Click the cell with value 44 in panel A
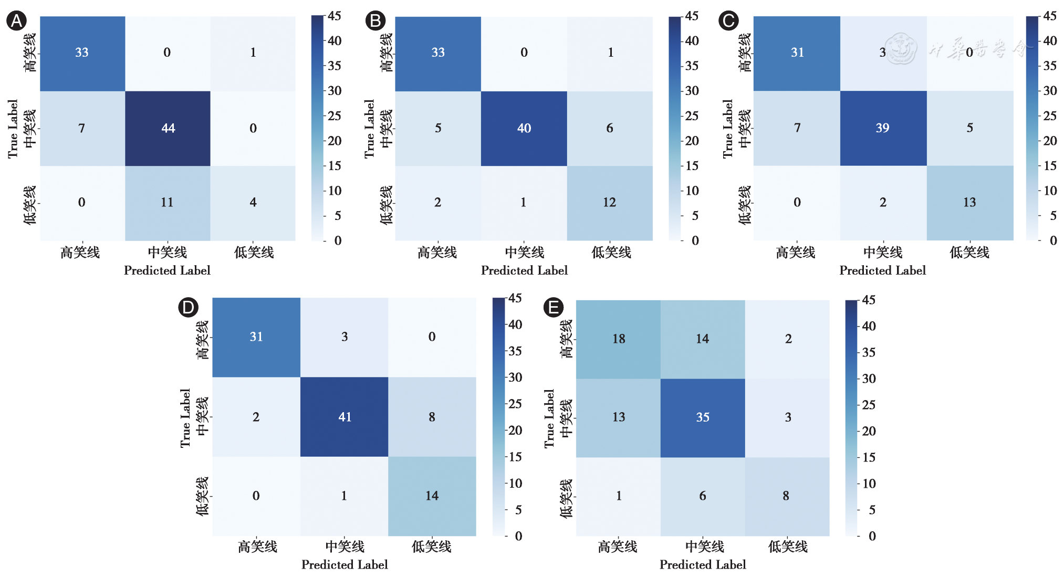pyautogui.click(x=168, y=128)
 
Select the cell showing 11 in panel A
pyautogui.click(x=167, y=203)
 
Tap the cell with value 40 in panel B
pyautogui.click(x=524, y=128)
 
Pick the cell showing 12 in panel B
pyautogui.click(x=609, y=203)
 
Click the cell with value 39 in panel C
pyautogui.click(x=882, y=128)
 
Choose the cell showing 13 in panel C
pyautogui.click(x=969, y=203)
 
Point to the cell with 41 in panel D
pyautogui.click(x=345, y=417)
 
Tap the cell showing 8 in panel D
pyautogui.click(x=432, y=417)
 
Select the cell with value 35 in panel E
pyautogui.click(x=703, y=417)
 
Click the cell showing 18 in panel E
pyautogui.click(x=619, y=339)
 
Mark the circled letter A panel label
pyautogui.click(x=16, y=21)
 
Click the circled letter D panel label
pyautogui.click(x=188, y=307)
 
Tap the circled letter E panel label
pyautogui.click(x=553, y=307)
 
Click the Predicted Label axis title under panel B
pyautogui.click(x=524, y=270)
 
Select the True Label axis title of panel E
pyautogui.click(x=549, y=418)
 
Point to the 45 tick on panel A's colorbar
pyautogui.click(x=335, y=16)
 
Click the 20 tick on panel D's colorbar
pyautogui.click(x=515, y=431)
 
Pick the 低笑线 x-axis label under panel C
pyautogui.click(x=969, y=253)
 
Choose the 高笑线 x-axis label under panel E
pyautogui.click(x=618, y=547)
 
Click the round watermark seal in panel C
pyautogui.click(x=901, y=49)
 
